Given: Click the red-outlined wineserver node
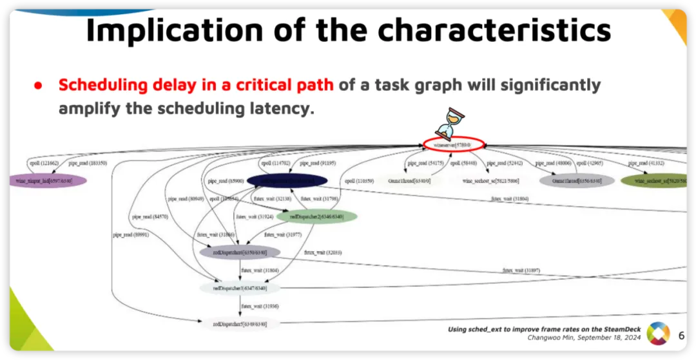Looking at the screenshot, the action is coord(454,145).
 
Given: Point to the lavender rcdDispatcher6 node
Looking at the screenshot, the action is coord(240,252).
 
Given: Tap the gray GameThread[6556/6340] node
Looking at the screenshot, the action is coord(572,181).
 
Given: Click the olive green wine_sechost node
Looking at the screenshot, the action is coord(657,181).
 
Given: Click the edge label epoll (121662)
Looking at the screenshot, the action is coord(45,164).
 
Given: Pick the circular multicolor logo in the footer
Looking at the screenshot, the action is coord(658,333).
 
